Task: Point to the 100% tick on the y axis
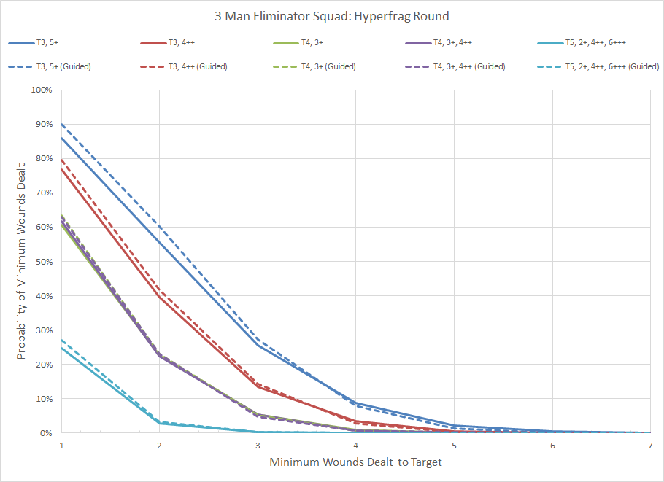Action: click(x=41, y=90)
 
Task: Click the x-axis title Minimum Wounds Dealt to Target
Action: click(x=355, y=462)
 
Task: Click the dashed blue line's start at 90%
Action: click(x=62, y=124)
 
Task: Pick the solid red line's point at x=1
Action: click(x=62, y=169)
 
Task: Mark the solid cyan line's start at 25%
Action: click(x=62, y=347)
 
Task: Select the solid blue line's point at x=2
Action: click(x=160, y=242)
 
